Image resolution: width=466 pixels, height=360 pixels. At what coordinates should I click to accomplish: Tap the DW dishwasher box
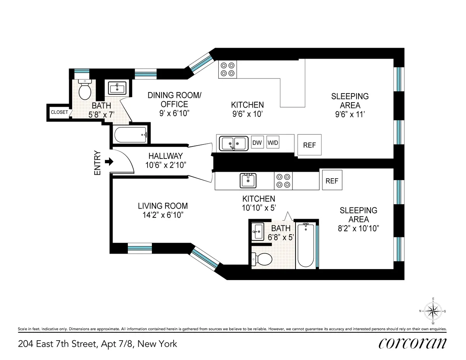257,143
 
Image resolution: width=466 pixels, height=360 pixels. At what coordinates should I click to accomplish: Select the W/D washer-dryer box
273,143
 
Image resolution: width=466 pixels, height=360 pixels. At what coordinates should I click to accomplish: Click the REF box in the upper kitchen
310,145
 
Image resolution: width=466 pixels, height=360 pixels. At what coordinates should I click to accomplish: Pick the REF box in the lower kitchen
332,181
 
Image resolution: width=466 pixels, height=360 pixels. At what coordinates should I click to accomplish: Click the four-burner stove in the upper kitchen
228,69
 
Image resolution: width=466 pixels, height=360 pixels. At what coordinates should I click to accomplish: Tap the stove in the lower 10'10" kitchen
283,181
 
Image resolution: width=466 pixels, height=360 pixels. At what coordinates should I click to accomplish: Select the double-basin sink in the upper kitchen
233,143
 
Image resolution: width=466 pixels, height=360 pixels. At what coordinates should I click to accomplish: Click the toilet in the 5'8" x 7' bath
84,90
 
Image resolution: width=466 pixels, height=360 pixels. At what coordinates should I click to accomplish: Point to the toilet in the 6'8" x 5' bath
262,259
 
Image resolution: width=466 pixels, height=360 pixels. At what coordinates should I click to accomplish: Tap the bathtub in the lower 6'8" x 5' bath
306,245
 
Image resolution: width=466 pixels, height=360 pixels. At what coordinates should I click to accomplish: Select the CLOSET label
59,112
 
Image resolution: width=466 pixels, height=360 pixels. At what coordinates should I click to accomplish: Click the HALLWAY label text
165,156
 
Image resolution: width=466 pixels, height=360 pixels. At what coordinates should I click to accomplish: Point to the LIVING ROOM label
163,206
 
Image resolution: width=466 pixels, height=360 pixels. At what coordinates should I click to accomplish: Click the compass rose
433,311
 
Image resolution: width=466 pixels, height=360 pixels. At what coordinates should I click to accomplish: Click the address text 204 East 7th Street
97,344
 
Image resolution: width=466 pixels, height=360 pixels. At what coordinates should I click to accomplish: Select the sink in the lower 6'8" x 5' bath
257,232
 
